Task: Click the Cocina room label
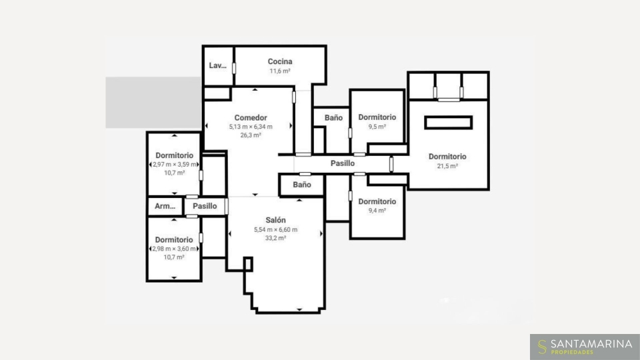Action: (x=280, y=61)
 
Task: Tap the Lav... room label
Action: (x=217, y=65)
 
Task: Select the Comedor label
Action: (x=251, y=117)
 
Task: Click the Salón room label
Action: (x=275, y=220)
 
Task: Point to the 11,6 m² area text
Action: (x=280, y=71)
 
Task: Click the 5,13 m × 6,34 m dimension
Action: (x=251, y=127)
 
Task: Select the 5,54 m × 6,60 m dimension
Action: (x=275, y=229)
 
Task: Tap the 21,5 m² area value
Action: (x=447, y=166)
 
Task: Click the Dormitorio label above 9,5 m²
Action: (x=377, y=117)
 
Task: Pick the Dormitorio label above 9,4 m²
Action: (x=377, y=201)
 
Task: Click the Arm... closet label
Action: (x=165, y=206)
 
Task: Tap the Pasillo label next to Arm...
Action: (x=205, y=206)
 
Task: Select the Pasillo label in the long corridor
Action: (x=343, y=163)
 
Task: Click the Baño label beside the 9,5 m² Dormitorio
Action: (x=333, y=117)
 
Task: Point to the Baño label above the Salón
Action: (x=302, y=185)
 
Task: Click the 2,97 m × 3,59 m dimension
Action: (x=174, y=165)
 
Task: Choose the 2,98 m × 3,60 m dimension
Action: (x=174, y=249)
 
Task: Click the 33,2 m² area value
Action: (x=275, y=238)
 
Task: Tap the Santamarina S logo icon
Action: (x=542, y=347)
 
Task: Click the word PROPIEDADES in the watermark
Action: (x=572, y=352)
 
